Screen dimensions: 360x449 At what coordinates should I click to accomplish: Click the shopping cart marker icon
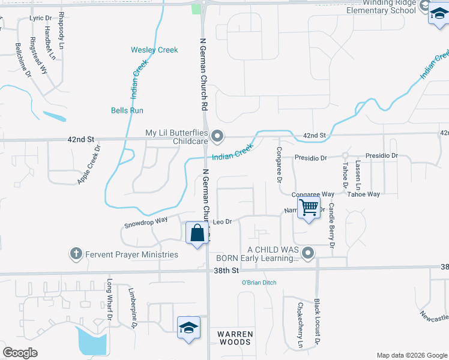309,208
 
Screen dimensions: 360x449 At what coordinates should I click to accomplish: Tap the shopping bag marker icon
197,232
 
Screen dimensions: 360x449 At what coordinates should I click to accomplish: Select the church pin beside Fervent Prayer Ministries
76,254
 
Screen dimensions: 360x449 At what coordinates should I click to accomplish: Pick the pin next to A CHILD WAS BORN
309,253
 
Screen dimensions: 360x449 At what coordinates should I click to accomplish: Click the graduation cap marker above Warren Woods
188,328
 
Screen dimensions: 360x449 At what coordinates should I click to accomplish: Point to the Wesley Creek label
155,50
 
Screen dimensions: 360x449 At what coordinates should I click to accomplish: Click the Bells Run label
127,110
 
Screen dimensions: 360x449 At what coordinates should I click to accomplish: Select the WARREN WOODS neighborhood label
235,338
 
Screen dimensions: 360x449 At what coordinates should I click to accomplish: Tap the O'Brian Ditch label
259,283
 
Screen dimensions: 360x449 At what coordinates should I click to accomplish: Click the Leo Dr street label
223,222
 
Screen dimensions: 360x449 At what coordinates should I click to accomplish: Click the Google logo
20,353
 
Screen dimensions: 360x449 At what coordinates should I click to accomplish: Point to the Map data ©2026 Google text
411,355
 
